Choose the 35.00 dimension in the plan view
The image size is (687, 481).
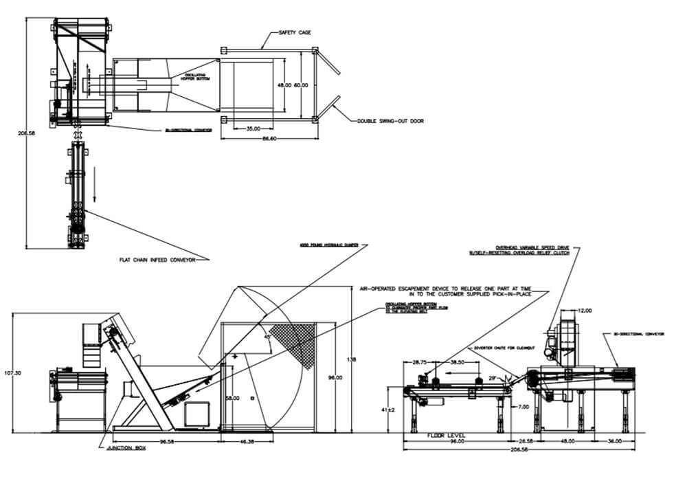pyautogui.click(x=254, y=128)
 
